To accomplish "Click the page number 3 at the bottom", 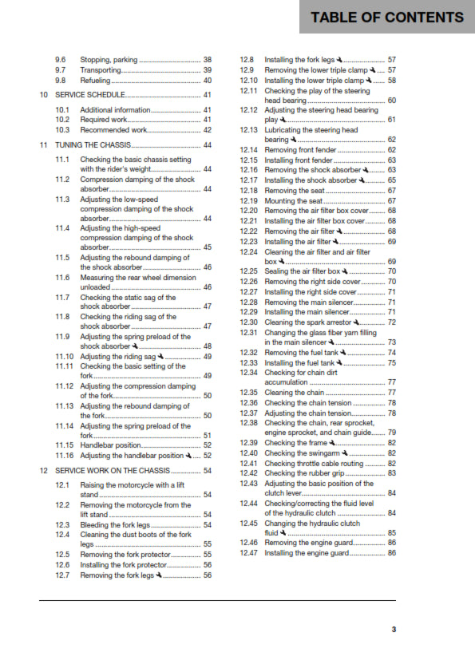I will pyautogui.click(x=393, y=630).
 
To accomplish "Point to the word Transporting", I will pyautogui.click(x=101, y=70).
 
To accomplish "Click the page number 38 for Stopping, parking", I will pyautogui.click(x=208, y=60).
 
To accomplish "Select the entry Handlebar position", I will pyautogui.click(x=110, y=445).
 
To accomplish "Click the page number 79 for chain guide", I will pyautogui.click(x=392, y=432).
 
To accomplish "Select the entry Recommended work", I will pyautogui.click(x=113, y=129).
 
